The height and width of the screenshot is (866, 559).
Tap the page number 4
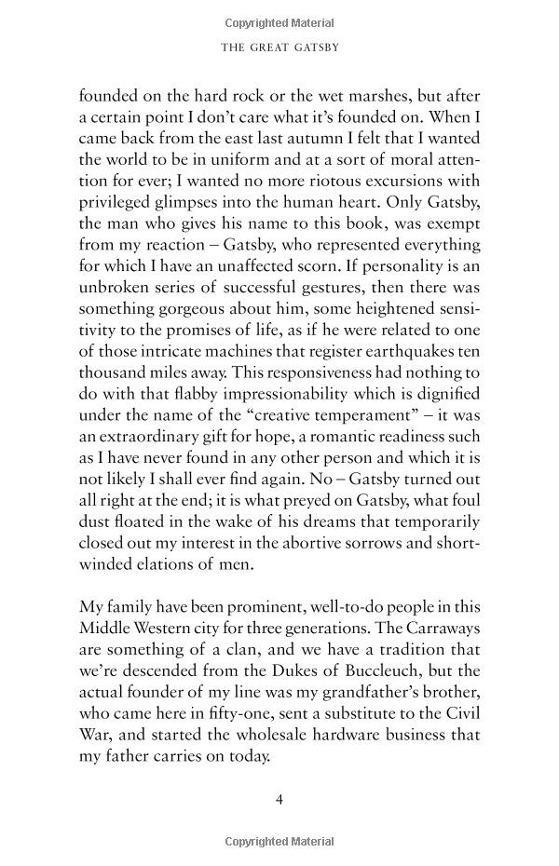click(x=279, y=800)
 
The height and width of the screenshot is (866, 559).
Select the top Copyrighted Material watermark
click(x=279, y=22)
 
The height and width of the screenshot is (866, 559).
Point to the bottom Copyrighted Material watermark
click(x=279, y=842)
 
